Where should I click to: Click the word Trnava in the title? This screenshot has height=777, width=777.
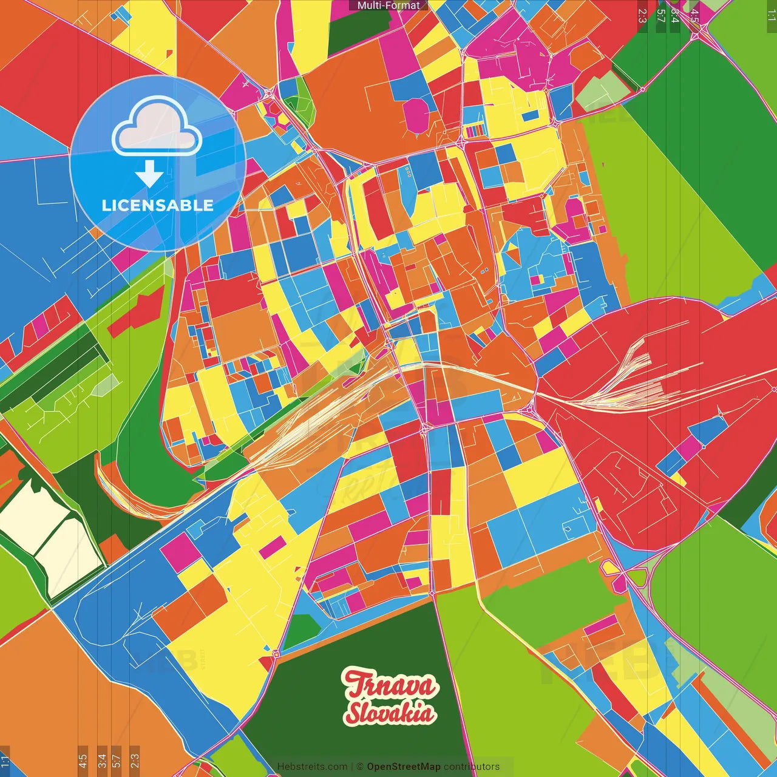click(390, 685)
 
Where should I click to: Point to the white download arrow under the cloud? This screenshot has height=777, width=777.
click(149, 175)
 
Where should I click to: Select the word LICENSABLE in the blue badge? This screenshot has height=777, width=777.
click(158, 205)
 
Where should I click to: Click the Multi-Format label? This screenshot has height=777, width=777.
click(388, 5)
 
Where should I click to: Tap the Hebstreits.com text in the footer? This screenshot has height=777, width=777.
click(312, 767)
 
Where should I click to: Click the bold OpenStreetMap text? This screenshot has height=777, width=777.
click(404, 767)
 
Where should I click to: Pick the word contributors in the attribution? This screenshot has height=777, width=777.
click(471, 767)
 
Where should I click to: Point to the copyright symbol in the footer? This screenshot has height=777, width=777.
click(359, 767)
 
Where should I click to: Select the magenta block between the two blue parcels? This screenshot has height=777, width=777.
click(688, 448)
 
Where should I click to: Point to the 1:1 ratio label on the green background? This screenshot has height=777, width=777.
click(771, 15)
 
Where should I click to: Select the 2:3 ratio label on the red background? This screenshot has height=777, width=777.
click(642, 15)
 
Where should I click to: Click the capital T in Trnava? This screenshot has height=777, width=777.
click(355, 685)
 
